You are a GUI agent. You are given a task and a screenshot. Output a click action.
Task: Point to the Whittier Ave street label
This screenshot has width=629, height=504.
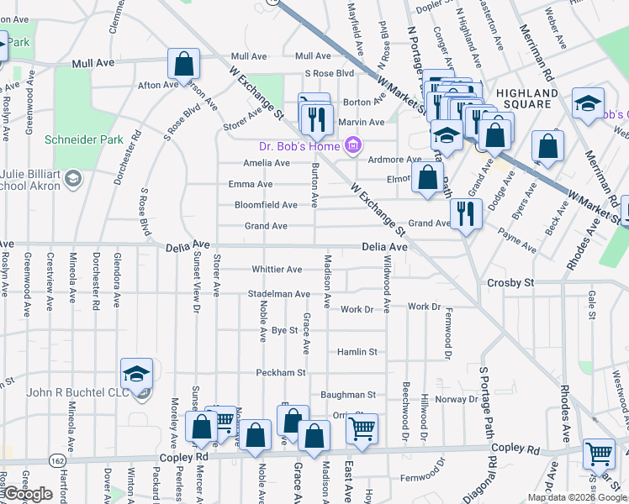tap(277, 270)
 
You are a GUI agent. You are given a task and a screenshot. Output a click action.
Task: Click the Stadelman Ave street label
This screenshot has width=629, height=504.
tap(278, 294)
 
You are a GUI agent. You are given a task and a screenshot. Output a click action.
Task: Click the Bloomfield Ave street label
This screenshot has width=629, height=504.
tap(266, 205)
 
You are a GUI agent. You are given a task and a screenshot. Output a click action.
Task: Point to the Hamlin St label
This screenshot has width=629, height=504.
tap(357, 352)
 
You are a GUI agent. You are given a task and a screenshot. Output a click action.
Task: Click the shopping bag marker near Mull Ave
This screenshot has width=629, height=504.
tap(182, 64)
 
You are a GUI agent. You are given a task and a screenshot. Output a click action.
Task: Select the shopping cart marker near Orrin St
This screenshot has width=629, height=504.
tap(362, 429)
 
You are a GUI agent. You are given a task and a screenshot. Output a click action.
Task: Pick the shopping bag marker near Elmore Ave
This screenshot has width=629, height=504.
tap(428, 177)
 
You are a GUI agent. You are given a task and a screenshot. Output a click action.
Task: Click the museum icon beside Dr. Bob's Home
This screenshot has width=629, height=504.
tap(352, 146)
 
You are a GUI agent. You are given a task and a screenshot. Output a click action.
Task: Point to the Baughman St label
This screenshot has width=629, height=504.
tap(347, 394)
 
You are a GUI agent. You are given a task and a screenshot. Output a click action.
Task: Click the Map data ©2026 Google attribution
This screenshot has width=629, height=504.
tap(577, 497)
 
